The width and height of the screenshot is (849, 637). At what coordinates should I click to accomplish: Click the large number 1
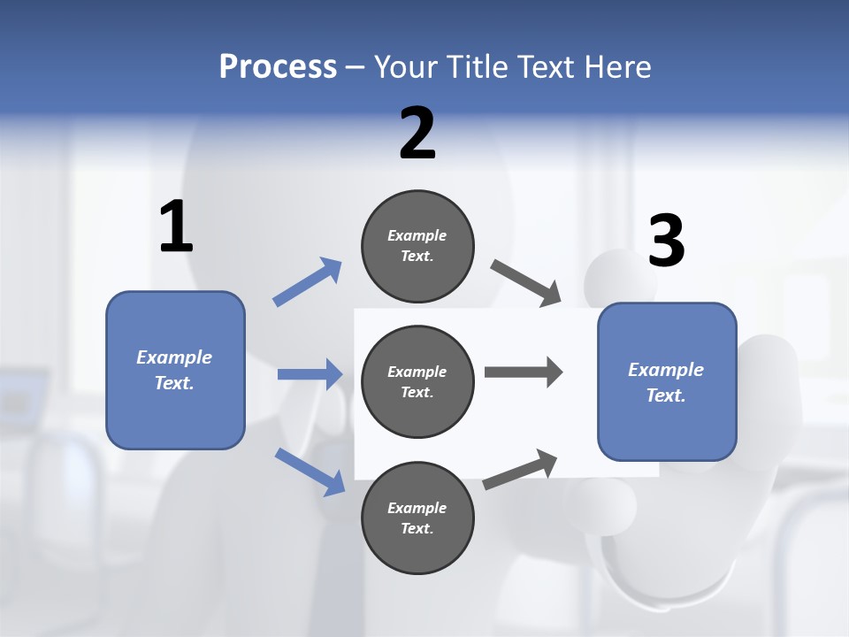point(176,227)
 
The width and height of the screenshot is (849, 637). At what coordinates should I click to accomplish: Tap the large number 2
point(417,134)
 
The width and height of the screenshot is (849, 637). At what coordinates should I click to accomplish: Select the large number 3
point(666,242)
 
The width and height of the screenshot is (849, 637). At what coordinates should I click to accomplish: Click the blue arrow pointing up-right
point(307,282)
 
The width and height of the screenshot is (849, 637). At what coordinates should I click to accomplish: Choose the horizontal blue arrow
point(310,374)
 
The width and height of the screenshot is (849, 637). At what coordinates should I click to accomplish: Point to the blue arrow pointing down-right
point(310,472)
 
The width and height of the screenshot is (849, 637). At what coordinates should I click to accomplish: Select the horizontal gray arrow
point(524,372)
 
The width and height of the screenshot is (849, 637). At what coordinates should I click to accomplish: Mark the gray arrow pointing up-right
point(520,469)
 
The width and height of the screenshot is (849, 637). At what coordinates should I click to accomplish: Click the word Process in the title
point(278,66)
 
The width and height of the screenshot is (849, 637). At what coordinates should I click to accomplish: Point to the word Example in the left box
point(174,357)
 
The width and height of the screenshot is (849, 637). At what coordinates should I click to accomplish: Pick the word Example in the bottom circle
point(417,508)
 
